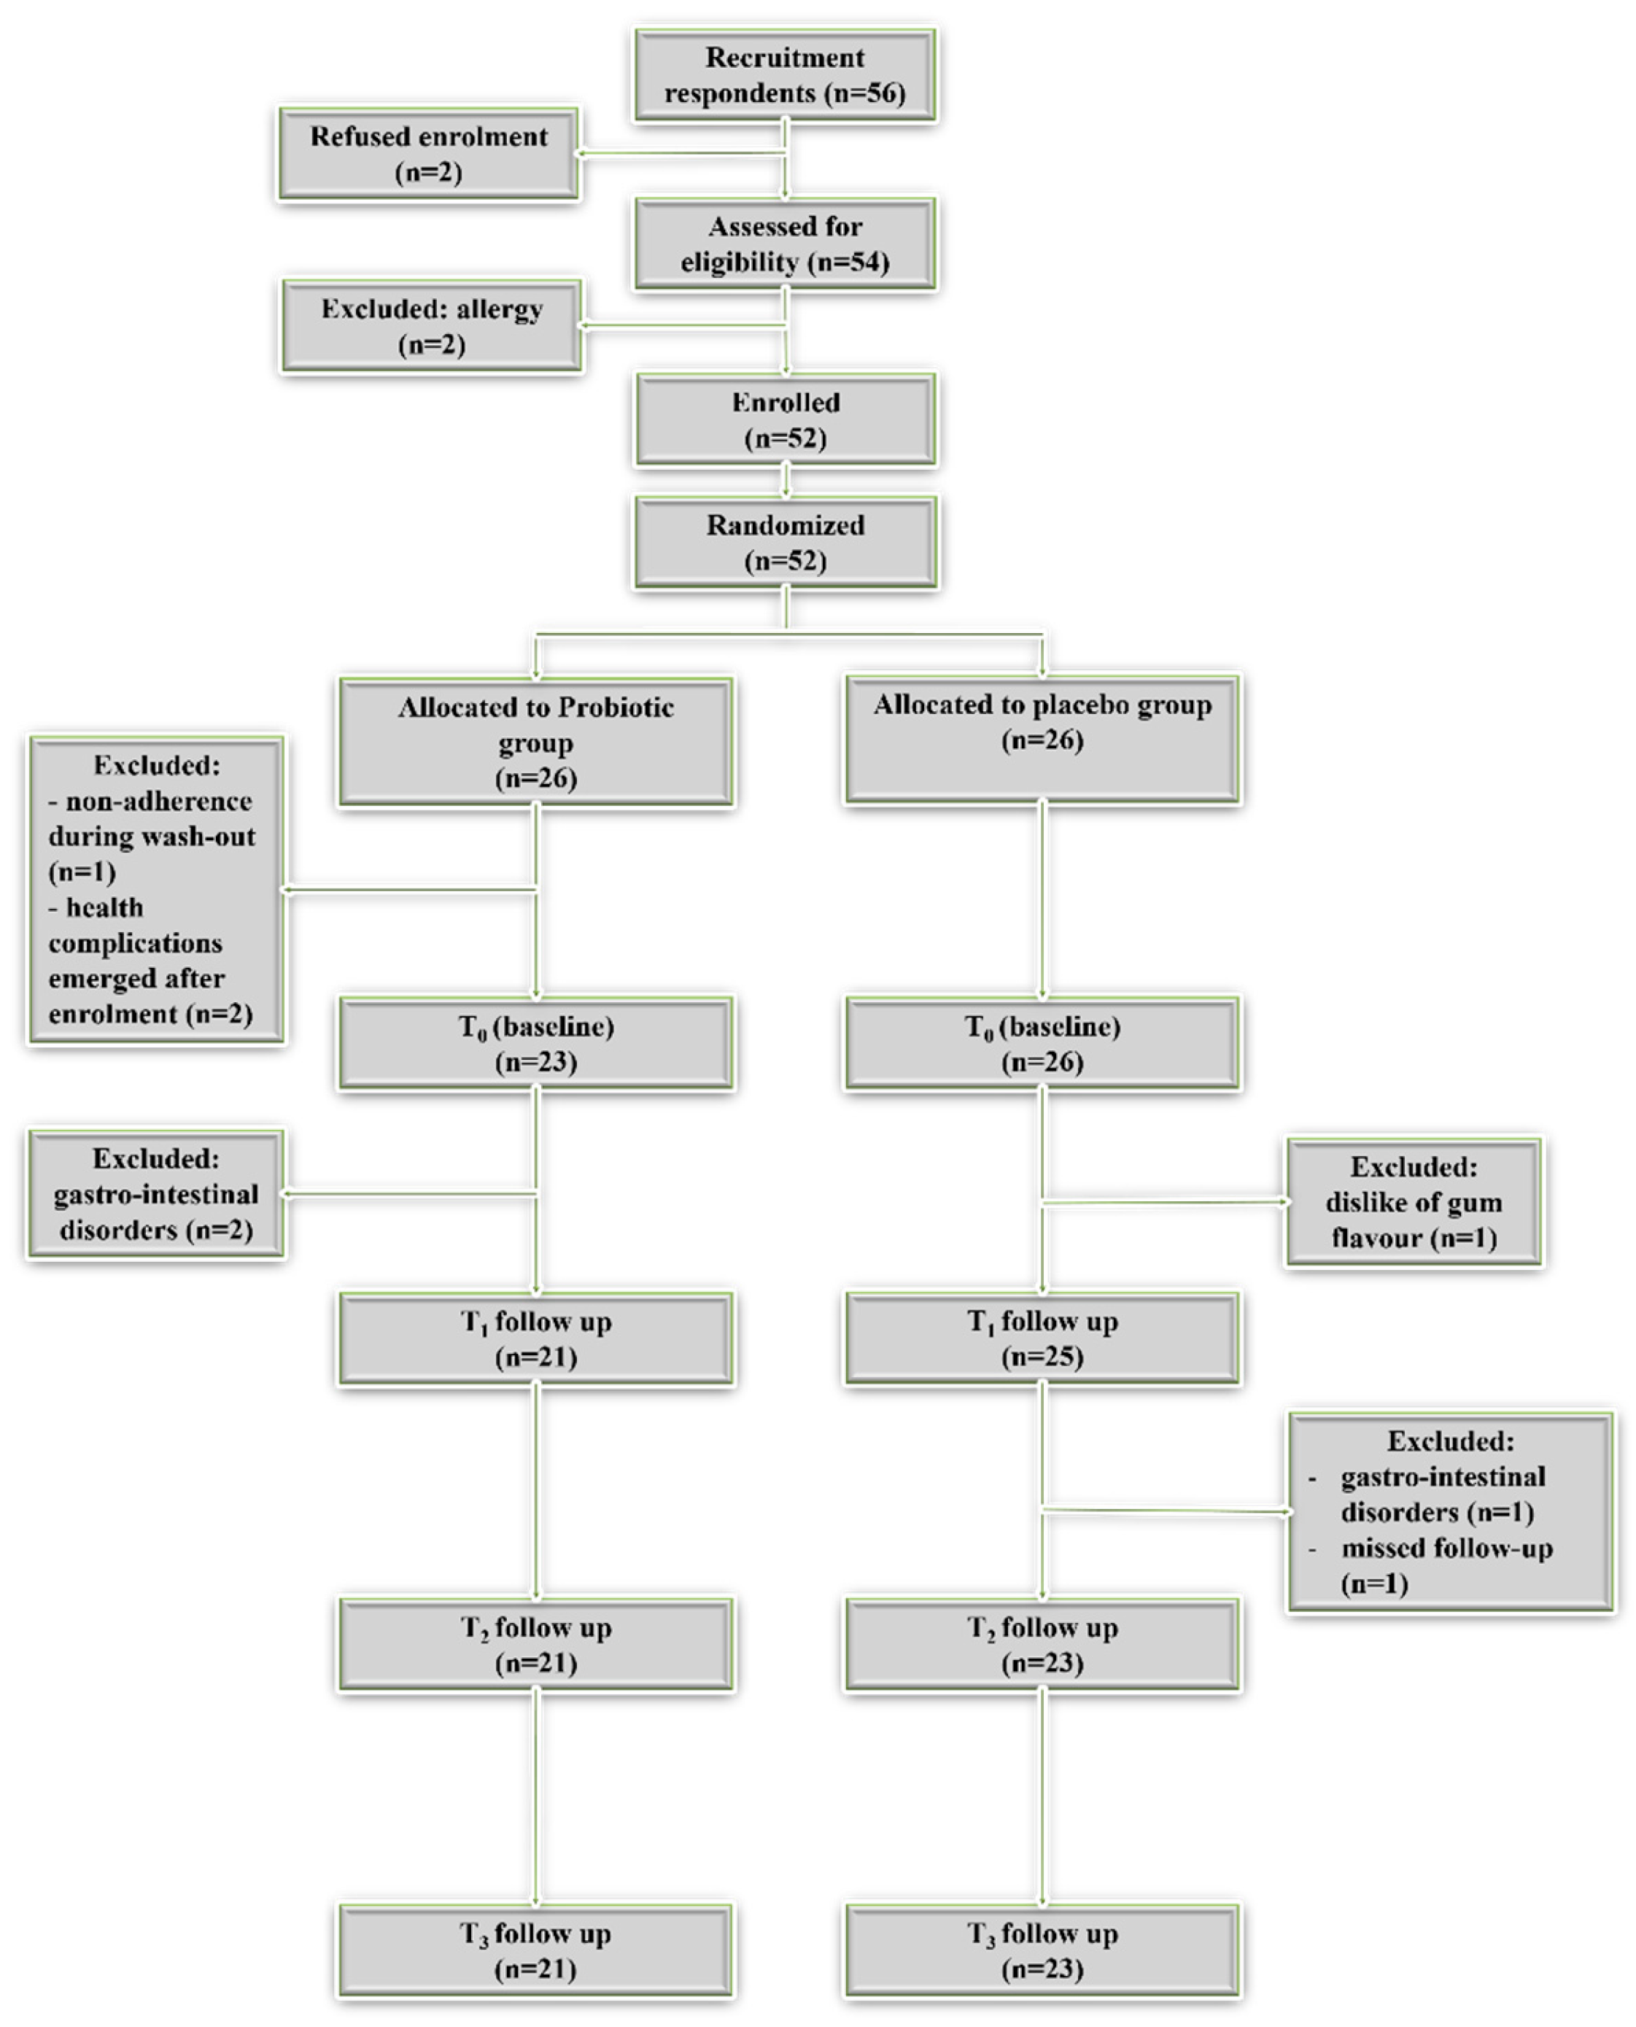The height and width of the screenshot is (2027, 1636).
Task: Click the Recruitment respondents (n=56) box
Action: click(785, 75)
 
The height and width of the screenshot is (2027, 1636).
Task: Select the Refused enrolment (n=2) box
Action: click(429, 154)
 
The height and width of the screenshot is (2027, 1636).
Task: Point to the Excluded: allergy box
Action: click(432, 326)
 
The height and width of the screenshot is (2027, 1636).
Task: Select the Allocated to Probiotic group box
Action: click(536, 743)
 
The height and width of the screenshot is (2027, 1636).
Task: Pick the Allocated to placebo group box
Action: click(1042, 739)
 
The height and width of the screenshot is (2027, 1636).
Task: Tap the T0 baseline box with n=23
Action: click(536, 1043)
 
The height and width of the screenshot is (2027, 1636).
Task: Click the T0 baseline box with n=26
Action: click(1042, 1043)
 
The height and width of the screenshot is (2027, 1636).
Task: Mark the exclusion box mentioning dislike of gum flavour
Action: click(1414, 1203)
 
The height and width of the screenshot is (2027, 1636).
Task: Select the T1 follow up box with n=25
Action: click(1042, 1338)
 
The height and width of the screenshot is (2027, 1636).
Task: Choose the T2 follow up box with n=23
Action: click(1042, 1644)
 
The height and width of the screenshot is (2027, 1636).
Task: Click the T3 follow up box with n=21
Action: click(536, 1950)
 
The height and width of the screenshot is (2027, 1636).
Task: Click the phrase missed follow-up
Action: click(1448, 1549)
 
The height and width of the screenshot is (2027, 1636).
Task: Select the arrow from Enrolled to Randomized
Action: click(786, 481)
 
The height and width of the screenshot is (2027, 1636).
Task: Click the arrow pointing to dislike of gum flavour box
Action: click(1165, 1203)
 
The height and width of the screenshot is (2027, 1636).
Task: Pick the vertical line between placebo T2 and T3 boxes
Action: click(1042, 1798)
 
